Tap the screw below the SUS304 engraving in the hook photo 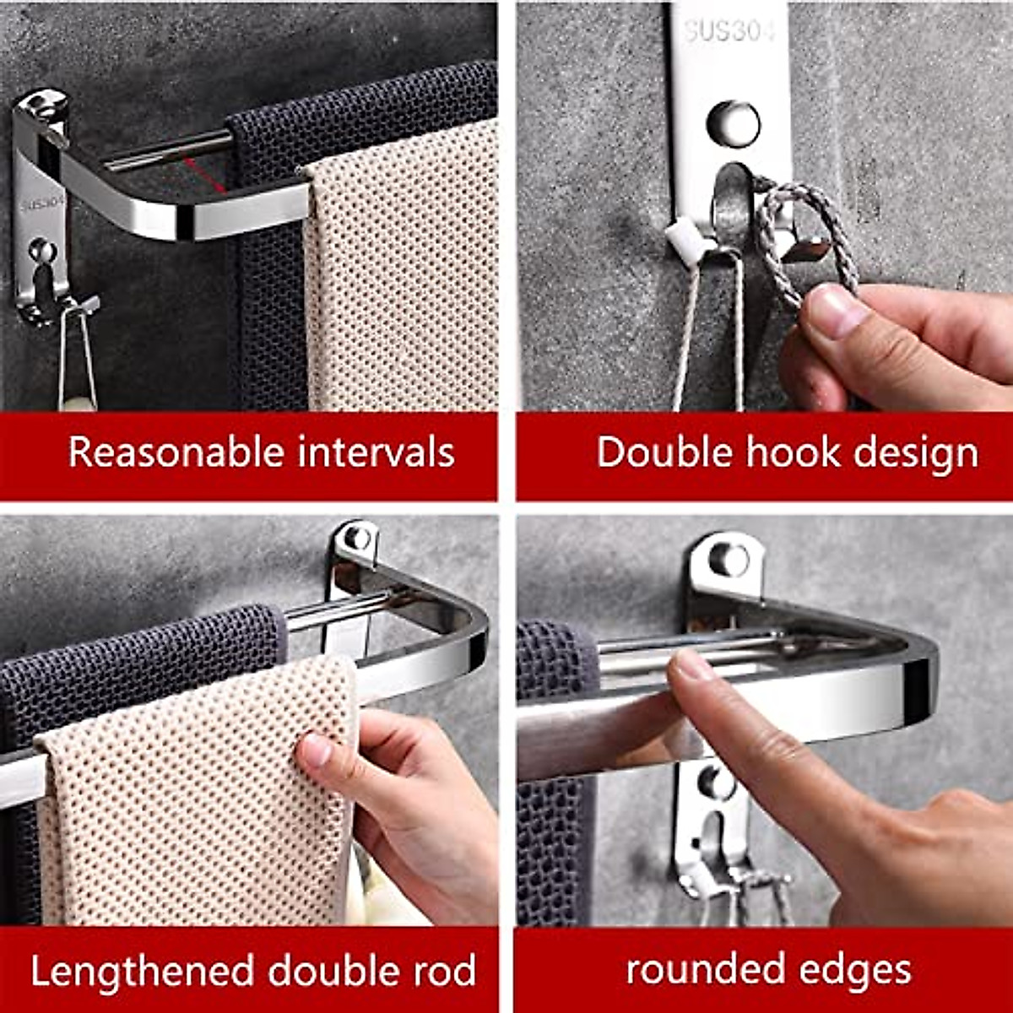(733, 122)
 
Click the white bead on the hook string (681, 239)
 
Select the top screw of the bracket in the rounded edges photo (727, 559)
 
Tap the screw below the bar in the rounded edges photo (715, 783)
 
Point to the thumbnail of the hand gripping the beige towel (315, 749)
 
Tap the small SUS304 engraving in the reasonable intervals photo (42, 203)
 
